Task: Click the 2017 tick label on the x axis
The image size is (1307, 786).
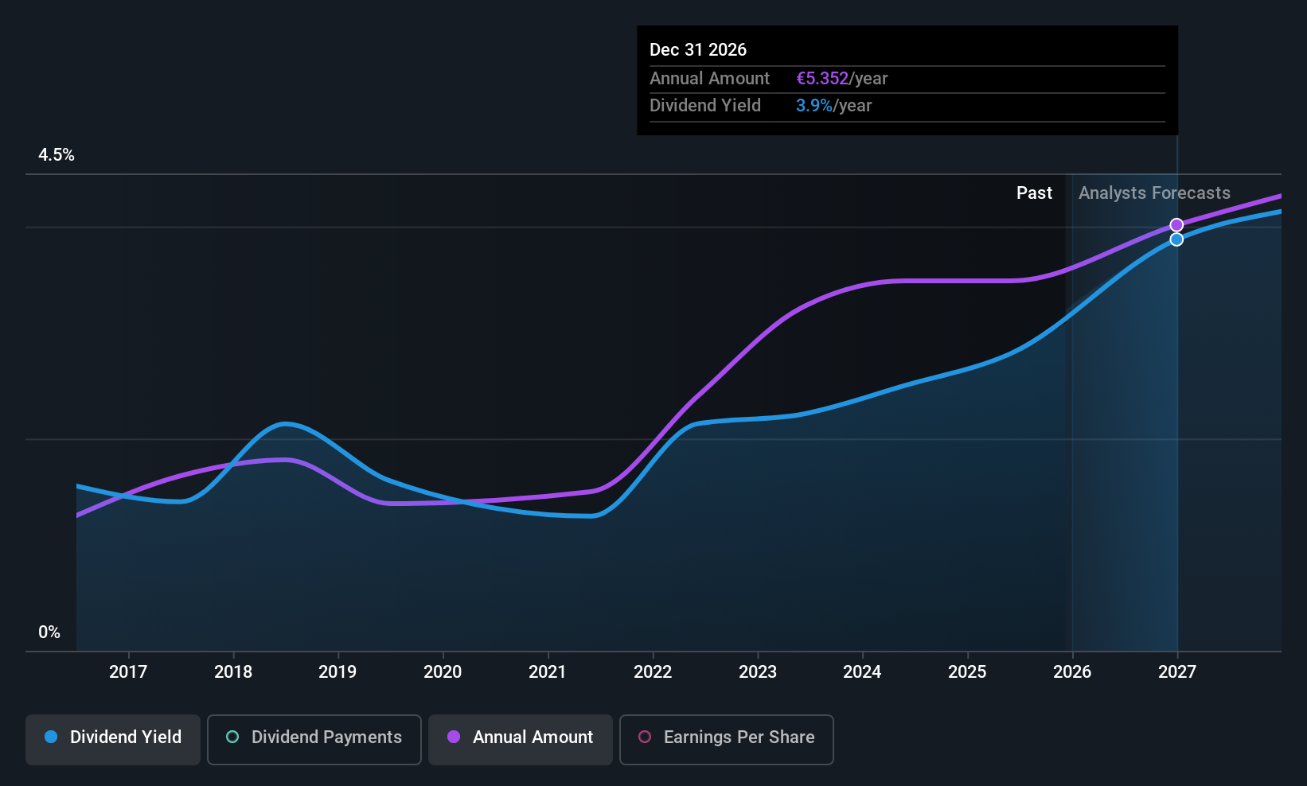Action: [127, 672]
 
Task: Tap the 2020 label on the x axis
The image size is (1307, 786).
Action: [443, 672]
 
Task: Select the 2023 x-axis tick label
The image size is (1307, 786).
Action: [757, 672]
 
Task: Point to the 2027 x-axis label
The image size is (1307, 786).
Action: [1176, 672]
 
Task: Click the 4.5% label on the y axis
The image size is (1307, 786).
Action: [57, 155]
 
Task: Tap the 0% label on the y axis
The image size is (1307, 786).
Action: [49, 632]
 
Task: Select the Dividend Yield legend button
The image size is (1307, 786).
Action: [113, 737]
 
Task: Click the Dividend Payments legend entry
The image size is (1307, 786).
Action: [314, 737]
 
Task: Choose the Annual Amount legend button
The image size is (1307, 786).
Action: [521, 737]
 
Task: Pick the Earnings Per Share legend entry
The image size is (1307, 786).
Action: [726, 737]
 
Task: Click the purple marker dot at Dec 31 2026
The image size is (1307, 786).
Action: [1176, 225]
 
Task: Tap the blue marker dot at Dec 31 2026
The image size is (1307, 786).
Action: [1176, 239]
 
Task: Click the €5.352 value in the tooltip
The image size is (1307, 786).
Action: [822, 79]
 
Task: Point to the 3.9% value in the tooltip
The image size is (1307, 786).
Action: [813, 106]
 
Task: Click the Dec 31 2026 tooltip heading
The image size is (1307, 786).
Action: [698, 50]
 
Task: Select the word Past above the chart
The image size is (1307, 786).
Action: [1034, 193]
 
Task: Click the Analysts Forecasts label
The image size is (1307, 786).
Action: [1154, 193]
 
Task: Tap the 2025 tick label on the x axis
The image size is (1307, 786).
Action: [967, 672]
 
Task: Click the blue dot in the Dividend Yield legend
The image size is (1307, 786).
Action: [51, 737]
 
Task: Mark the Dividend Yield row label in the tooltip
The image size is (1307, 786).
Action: [705, 106]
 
